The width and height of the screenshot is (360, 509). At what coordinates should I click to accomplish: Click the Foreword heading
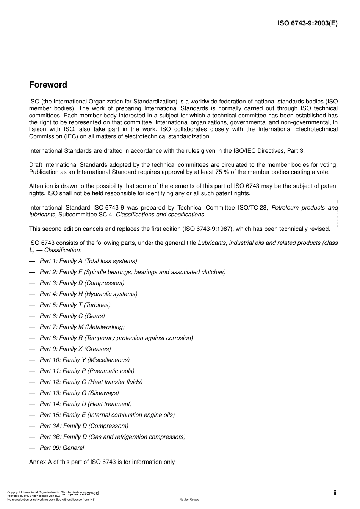coord(48,85)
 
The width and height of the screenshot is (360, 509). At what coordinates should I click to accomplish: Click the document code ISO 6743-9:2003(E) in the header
coord(307,23)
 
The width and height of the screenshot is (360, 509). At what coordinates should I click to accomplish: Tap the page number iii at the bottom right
coord(335,493)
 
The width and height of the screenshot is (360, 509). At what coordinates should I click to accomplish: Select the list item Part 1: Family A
coord(88,261)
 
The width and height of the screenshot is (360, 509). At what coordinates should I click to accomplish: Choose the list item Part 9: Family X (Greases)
coord(75,349)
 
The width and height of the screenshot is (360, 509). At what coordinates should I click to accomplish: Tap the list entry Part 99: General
coord(62,448)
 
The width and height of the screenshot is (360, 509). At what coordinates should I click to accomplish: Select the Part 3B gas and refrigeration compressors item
coord(113,437)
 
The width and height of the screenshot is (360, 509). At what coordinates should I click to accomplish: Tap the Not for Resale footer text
coord(189,500)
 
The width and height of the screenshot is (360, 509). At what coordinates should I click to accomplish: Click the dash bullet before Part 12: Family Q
coord(32,382)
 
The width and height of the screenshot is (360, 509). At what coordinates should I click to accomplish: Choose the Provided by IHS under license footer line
coord(34,496)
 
